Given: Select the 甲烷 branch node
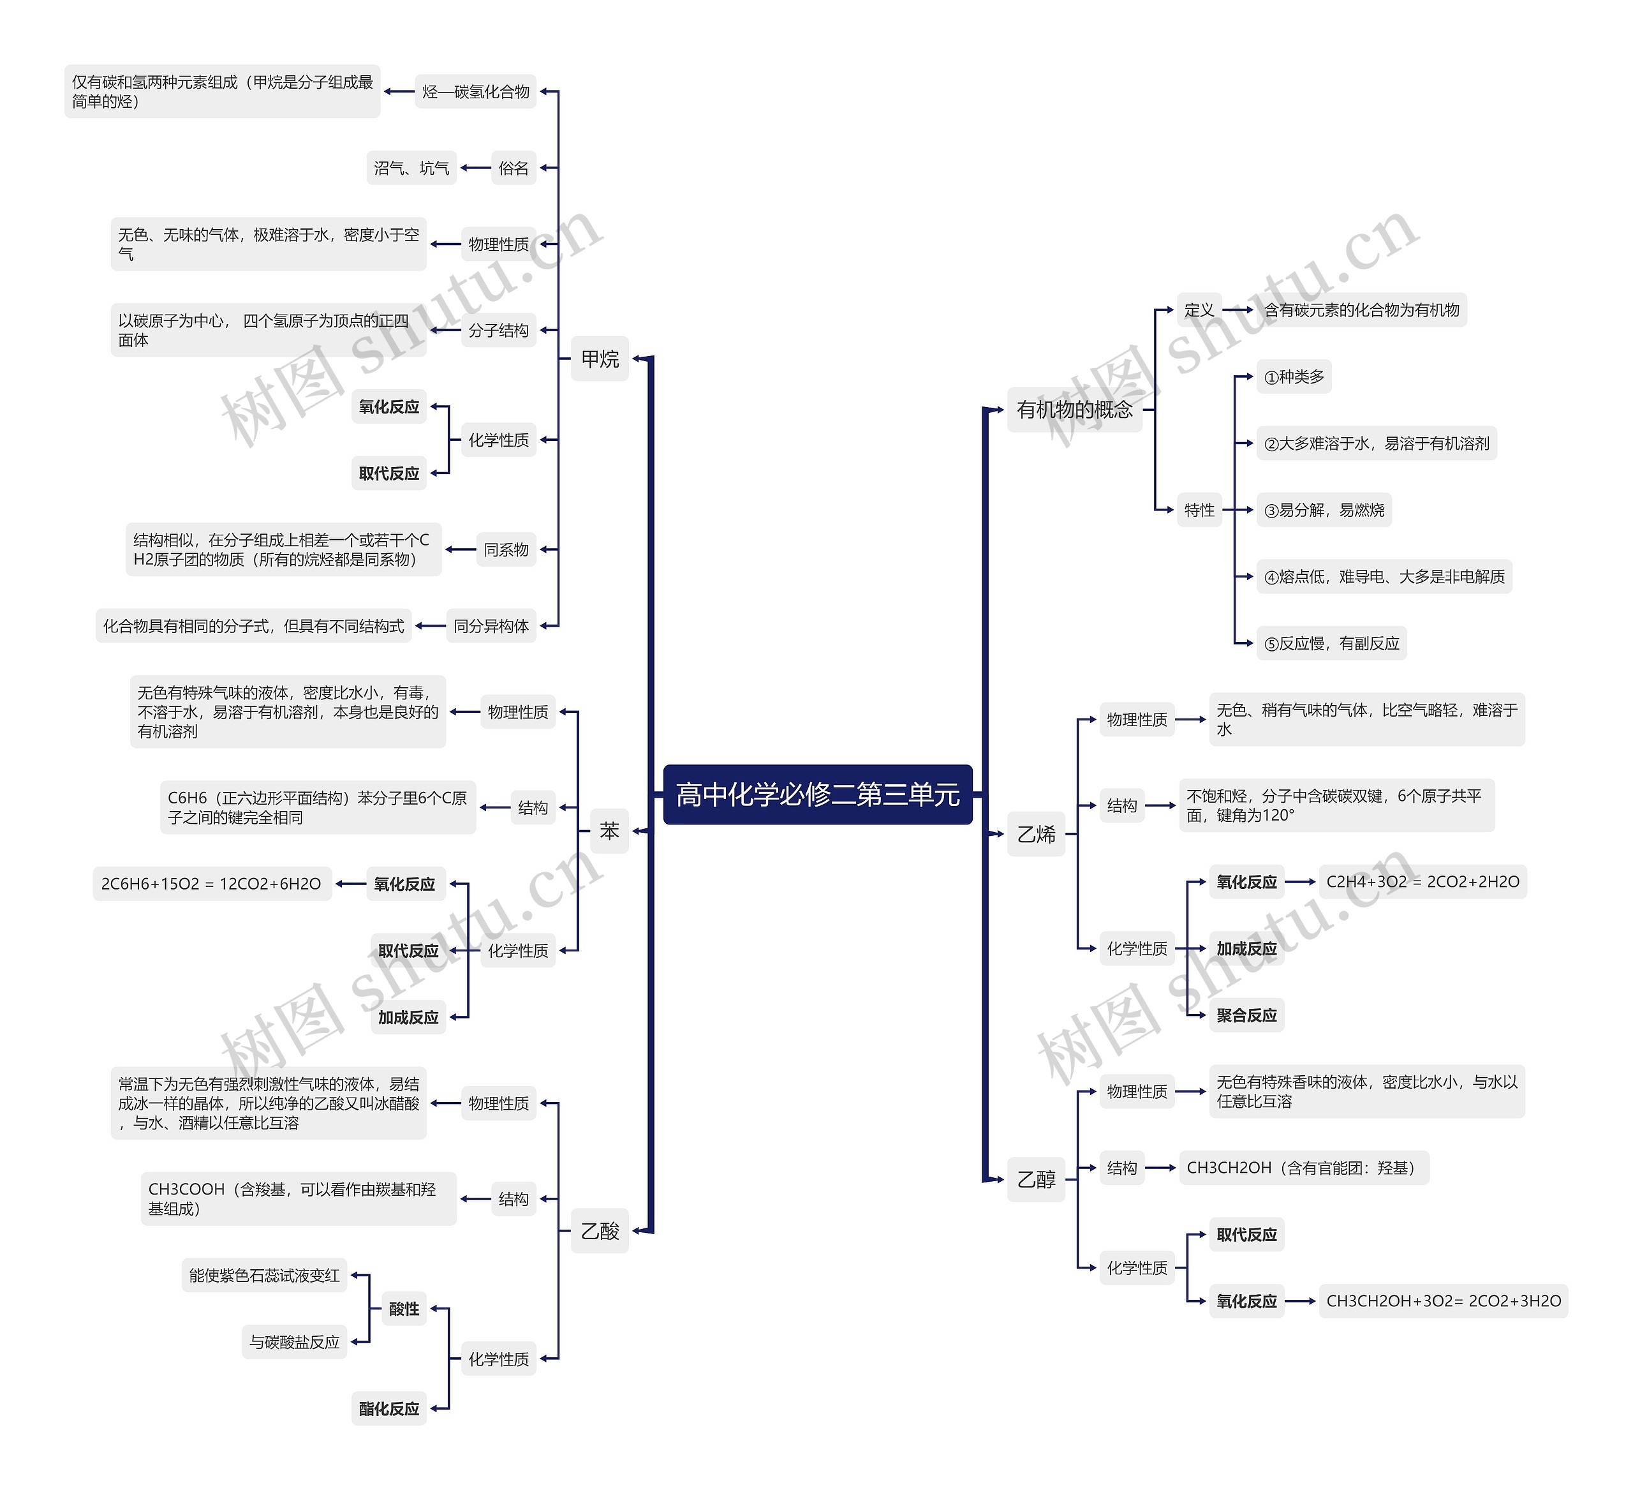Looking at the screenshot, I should point(600,359).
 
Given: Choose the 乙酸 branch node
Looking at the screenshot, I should point(600,1231).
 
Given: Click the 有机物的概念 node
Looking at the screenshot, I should point(1074,409).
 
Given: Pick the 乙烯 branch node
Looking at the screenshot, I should point(1036,834).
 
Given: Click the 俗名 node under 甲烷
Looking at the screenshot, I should point(514,168).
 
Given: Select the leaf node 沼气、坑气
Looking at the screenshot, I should point(411,168).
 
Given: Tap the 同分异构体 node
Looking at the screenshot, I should point(491,625).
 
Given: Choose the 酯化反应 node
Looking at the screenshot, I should point(389,1408).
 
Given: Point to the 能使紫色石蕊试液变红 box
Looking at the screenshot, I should point(264,1276).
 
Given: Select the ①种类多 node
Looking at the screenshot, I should point(1294,376).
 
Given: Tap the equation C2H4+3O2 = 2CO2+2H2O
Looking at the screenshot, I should point(1422,881).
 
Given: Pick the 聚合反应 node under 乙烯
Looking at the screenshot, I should point(1246,1015).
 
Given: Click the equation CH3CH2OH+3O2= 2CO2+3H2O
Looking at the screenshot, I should point(1443,1301).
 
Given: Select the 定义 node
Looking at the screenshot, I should point(1199,309).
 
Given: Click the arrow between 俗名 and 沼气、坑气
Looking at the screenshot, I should point(475,168).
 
